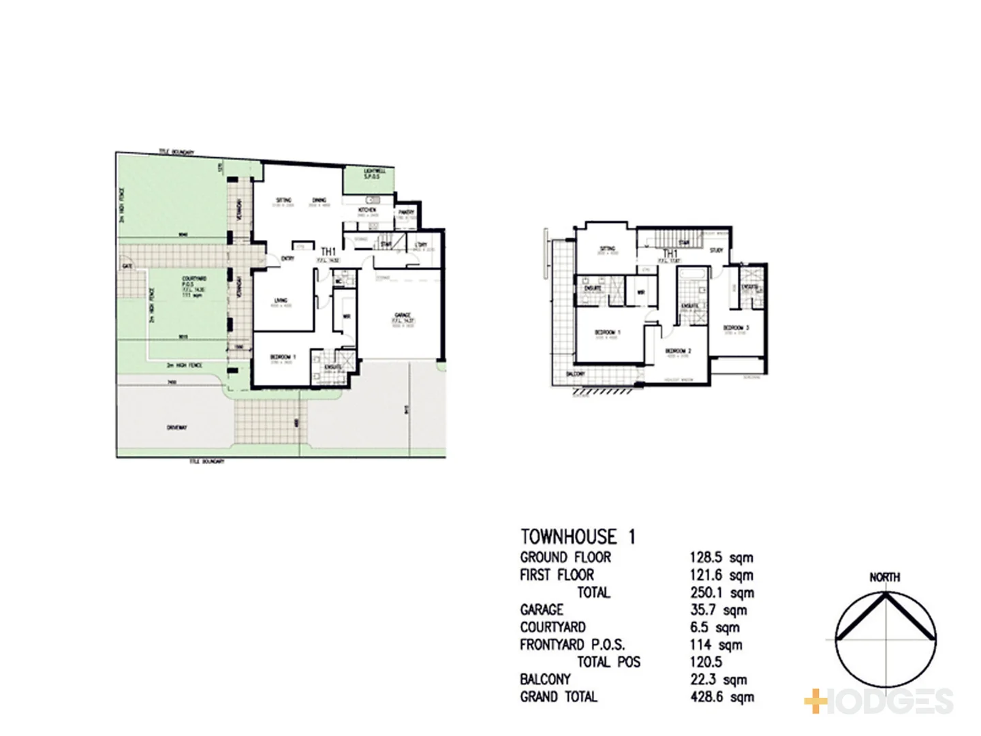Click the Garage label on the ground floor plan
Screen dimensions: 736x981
(403, 316)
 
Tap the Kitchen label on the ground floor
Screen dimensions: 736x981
(367, 210)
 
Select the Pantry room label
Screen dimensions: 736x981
(407, 213)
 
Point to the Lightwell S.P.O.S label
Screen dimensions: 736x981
(375, 174)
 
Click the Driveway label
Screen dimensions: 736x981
(176, 428)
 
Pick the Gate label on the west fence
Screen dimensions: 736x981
(127, 266)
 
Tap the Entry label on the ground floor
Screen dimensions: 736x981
(287, 259)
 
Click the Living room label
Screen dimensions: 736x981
(281, 301)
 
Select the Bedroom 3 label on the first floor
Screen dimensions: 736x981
(736, 328)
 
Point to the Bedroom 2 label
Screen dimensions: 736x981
(679, 351)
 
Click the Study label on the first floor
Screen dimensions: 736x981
(716, 250)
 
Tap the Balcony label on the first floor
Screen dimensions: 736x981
(576, 374)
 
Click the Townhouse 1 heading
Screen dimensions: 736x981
(578, 537)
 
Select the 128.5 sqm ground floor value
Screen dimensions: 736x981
(721, 558)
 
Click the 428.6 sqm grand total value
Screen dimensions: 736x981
(722, 697)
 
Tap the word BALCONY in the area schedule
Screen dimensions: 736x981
(545, 679)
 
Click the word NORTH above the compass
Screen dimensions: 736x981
(884, 577)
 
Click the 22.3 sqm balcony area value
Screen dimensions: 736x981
(718, 679)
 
